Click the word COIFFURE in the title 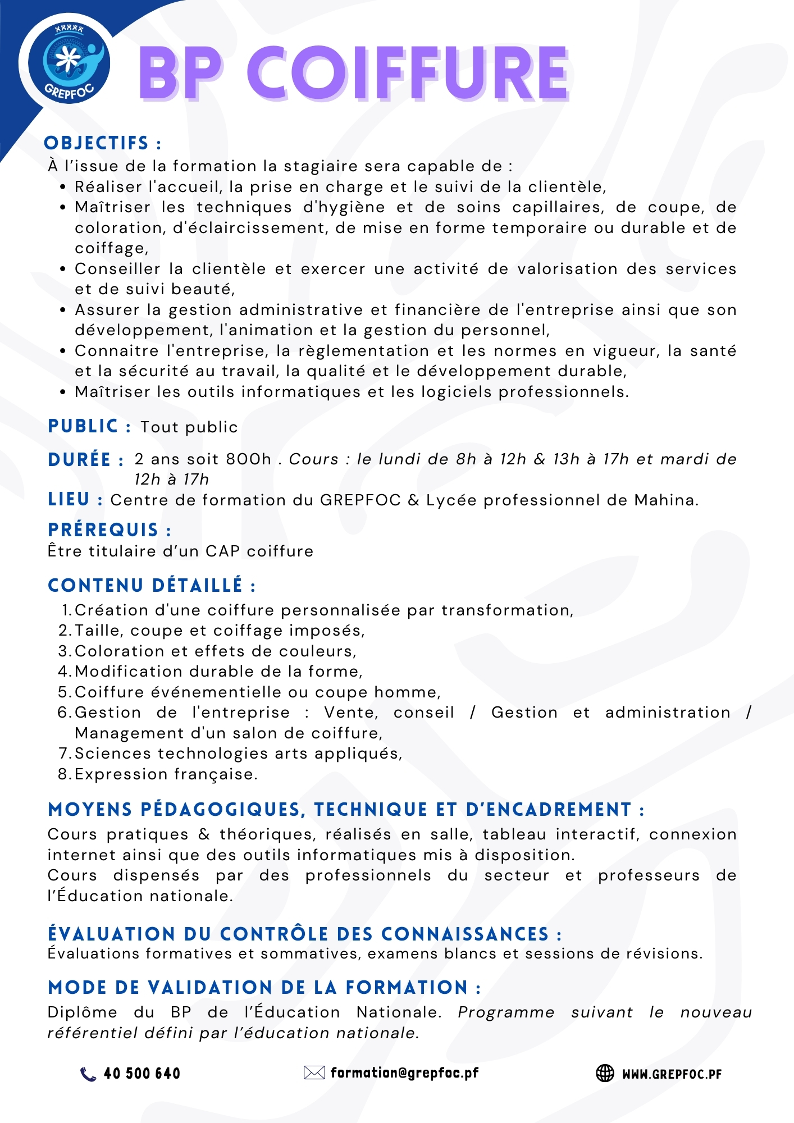pos(408,74)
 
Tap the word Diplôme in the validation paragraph pos(83,1012)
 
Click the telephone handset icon pos(88,1074)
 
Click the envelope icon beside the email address pos(314,1073)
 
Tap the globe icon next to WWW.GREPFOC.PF pos(605,1073)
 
